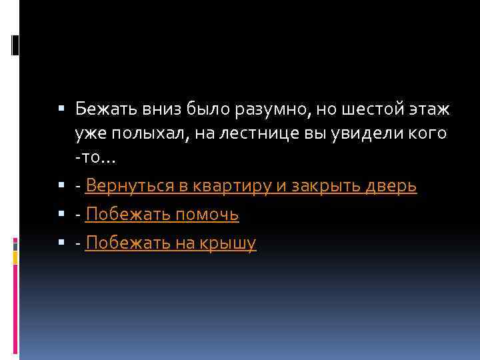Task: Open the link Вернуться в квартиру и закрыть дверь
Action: pos(251,187)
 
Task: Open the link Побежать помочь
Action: pos(162,215)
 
